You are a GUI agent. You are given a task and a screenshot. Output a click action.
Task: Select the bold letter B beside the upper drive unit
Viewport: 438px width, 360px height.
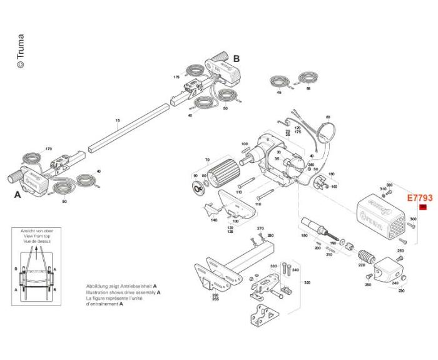pos(237,58)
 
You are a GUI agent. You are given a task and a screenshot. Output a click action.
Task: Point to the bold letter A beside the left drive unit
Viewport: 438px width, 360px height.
pos(18,195)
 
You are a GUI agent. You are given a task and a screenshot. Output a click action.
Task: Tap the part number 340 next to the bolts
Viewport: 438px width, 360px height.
pos(295,270)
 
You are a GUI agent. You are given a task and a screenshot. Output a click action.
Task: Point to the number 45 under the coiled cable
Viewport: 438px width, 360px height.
pos(279,93)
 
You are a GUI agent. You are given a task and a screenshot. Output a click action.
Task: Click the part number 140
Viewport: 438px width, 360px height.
pos(214,220)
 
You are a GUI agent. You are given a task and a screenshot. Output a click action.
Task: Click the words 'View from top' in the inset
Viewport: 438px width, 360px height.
pos(37,237)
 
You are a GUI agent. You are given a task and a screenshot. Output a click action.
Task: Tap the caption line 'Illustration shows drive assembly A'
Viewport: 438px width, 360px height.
pos(123,292)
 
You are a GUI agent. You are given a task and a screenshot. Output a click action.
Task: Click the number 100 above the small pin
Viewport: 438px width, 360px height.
pos(245,144)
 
